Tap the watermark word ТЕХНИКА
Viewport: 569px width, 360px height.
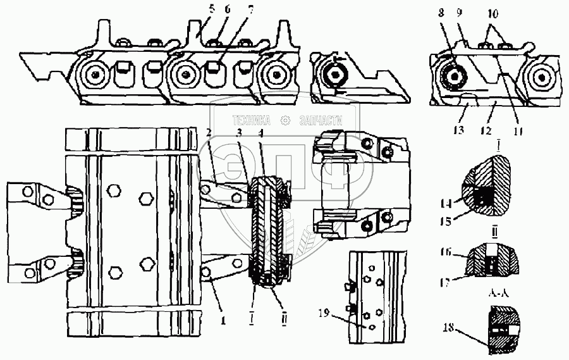click(x=252, y=120)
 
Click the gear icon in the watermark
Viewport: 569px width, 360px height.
click(x=285, y=120)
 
